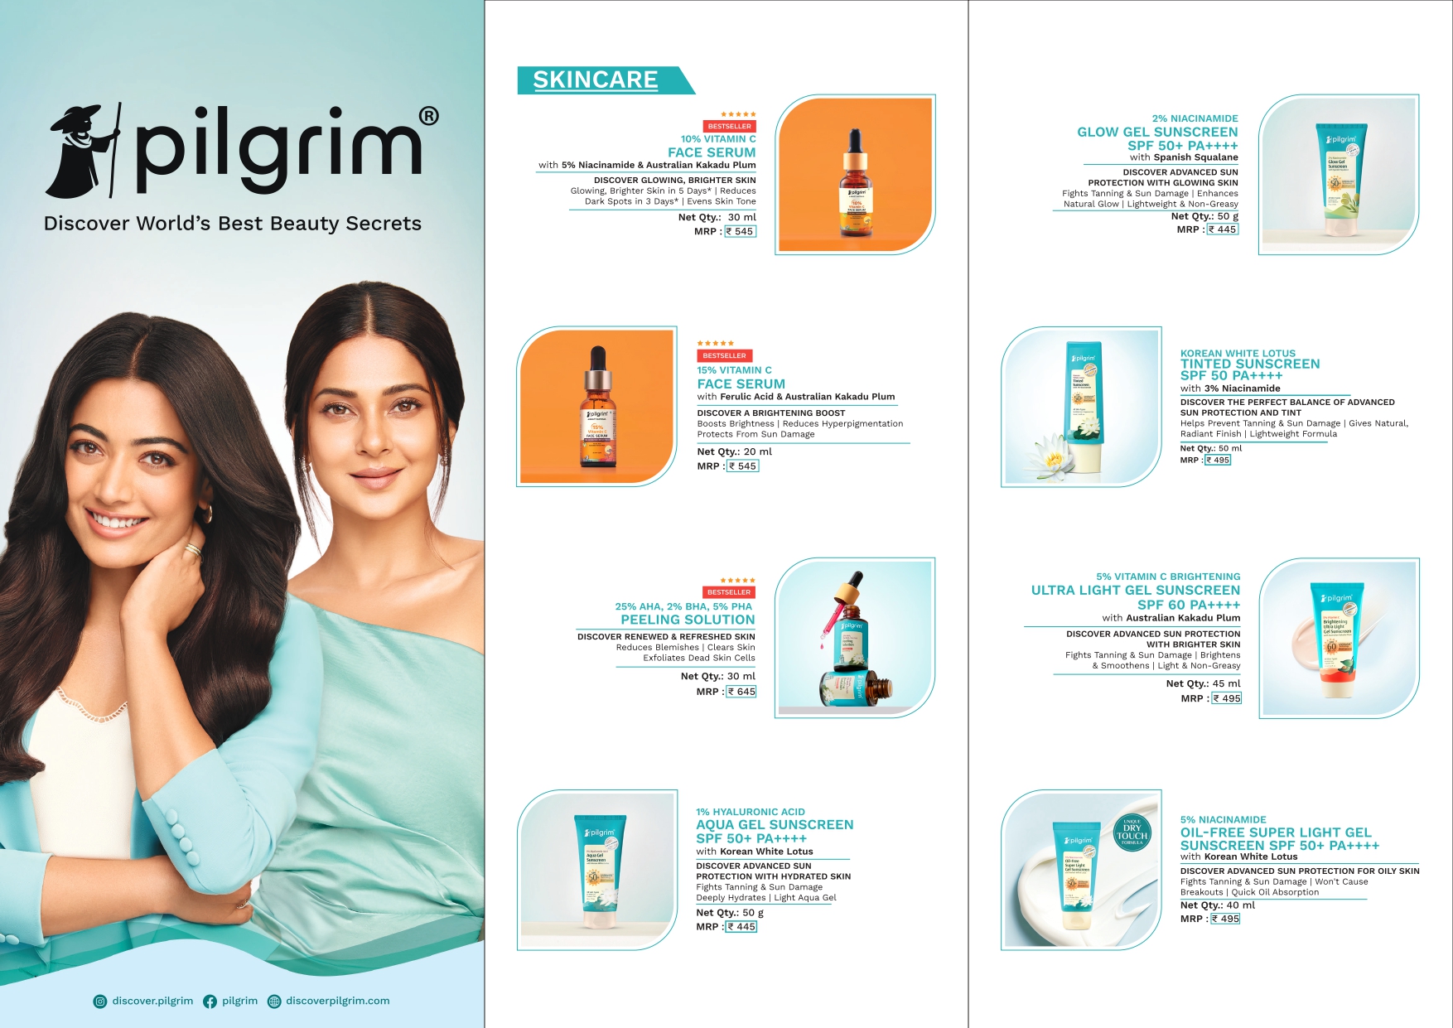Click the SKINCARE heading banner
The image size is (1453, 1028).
tap(596, 80)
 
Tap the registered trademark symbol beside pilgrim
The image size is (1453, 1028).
tap(428, 116)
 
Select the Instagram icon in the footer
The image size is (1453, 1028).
tap(100, 1001)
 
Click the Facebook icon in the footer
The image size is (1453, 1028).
tap(210, 1001)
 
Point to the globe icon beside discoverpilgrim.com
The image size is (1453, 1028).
tap(274, 1001)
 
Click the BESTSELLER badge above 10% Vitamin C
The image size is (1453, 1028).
tap(729, 127)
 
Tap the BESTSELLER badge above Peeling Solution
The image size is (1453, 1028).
tap(729, 592)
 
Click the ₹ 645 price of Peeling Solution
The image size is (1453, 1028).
tap(741, 692)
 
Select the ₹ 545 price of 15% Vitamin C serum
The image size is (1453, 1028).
tap(743, 466)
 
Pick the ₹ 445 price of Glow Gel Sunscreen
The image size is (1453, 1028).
tap(1223, 229)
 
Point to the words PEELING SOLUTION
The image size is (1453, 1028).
tap(688, 620)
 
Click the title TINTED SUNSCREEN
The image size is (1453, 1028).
tap(1250, 364)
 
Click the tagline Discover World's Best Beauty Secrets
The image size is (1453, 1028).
tap(233, 224)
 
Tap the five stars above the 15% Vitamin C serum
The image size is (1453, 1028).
tap(716, 343)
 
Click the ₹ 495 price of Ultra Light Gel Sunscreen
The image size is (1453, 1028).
tap(1227, 698)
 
